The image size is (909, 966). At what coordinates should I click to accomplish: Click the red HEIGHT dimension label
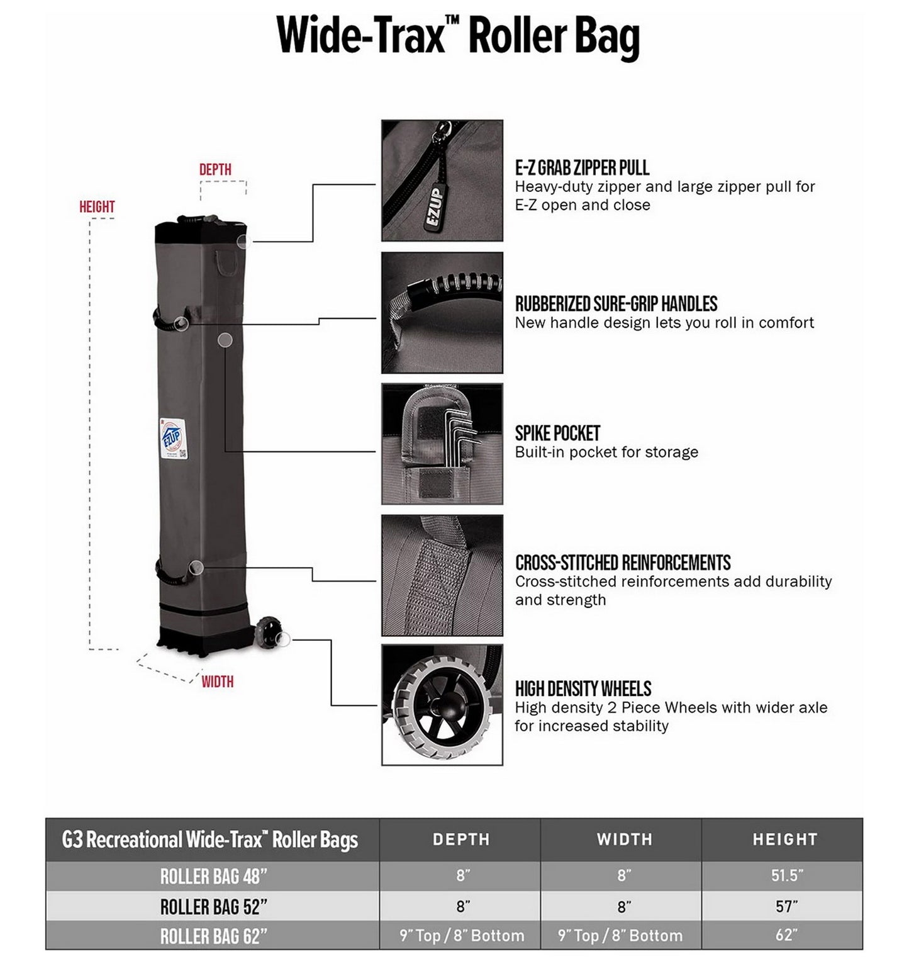[x=97, y=206]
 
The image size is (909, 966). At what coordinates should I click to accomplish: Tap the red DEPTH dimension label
[x=215, y=169]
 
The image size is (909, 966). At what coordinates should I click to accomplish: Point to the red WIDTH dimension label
[x=217, y=682]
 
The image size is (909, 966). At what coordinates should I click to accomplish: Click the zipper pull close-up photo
[x=442, y=181]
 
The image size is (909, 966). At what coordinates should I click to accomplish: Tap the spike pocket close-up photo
[x=442, y=444]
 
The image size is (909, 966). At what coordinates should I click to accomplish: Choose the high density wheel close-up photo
[x=442, y=705]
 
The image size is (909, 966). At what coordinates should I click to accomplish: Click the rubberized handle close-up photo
[x=442, y=313]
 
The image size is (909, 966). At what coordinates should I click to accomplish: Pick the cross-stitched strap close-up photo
[x=442, y=575]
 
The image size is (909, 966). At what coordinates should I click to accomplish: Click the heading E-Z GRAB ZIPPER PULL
[x=582, y=168]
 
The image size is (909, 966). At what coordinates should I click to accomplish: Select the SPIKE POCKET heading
[x=557, y=434]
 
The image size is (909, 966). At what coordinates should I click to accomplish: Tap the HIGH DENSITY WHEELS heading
[x=583, y=688]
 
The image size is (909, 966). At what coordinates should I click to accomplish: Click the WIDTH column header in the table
[x=624, y=840]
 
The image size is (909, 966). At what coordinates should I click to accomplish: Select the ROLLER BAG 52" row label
[x=213, y=907]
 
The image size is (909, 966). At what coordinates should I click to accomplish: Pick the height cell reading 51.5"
[x=787, y=876]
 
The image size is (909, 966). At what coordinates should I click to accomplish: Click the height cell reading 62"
[x=786, y=935]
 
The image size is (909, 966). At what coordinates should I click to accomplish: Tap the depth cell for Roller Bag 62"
[x=461, y=936]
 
